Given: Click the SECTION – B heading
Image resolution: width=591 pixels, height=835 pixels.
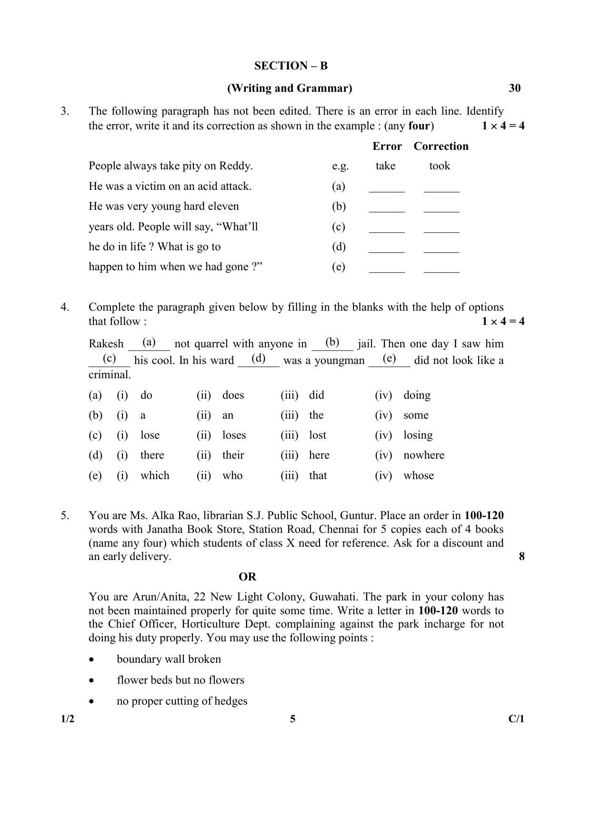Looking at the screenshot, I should [x=290, y=66].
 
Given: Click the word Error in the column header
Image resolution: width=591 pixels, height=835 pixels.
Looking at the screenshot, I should [x=387, y=146].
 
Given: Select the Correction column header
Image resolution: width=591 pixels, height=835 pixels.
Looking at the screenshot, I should [x=441, y=146].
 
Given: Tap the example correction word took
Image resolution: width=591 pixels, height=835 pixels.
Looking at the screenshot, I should [x=439, y=166].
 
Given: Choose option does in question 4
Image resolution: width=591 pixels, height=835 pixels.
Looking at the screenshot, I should [x=233, y=395].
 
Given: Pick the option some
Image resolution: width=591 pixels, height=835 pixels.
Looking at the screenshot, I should [x=416, y=415].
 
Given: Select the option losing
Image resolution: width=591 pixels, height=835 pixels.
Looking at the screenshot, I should [x=418, y=435].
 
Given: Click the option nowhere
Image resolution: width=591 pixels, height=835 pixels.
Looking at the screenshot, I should [x=423, y=455].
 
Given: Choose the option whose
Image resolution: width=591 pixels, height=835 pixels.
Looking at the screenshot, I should [x=418, y=476].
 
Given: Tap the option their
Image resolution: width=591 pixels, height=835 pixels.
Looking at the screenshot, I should [x=233, y=455].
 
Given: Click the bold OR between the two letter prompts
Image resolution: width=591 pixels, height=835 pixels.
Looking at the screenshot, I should [x=247, y=577].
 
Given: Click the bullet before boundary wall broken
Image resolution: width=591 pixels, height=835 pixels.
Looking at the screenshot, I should [x=91, y=660].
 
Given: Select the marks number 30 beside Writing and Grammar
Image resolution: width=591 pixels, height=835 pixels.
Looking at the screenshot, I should [x=514, y=88].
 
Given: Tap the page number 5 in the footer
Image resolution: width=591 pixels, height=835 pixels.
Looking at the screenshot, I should [x=292, y=719].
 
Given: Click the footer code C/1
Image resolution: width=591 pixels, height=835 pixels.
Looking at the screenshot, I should [x=516, y=719].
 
